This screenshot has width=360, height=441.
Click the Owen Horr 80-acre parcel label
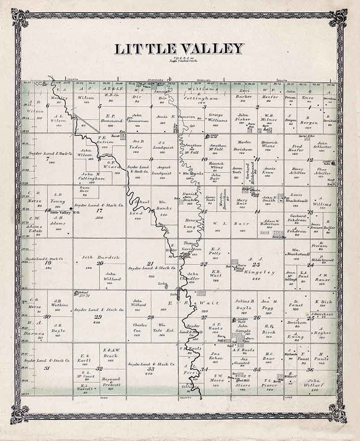point(85,190)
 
